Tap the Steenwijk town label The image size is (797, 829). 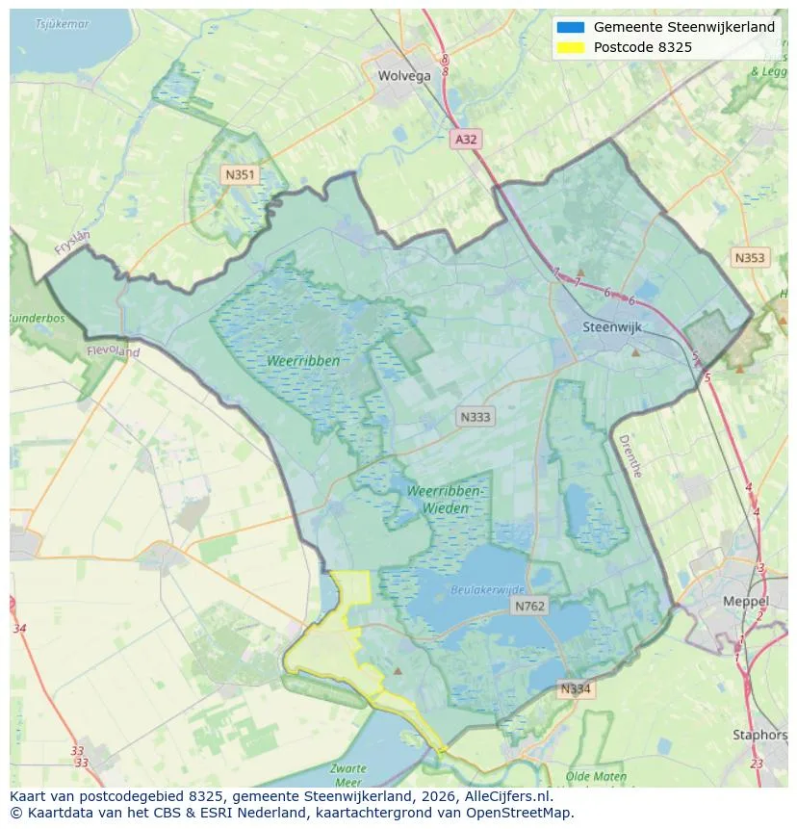pos(612,327)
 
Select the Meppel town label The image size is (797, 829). pos(746,602)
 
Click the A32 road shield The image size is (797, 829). pos(466,140)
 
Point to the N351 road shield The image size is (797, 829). pos(239,174)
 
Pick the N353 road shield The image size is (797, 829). pos(750,257)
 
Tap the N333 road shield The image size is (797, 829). pos(475,417)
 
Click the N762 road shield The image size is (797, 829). pos(529,606)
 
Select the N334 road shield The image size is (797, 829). pos(575,689)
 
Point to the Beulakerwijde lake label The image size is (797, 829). pos(488,589)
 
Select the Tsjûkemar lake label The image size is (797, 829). pos(62,23)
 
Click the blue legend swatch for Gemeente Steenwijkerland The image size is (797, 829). pos(570,27)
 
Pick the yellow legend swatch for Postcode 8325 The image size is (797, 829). pos(570,47)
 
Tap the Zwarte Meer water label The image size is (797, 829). pos(347,774)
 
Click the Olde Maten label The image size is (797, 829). pos(596,776)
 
